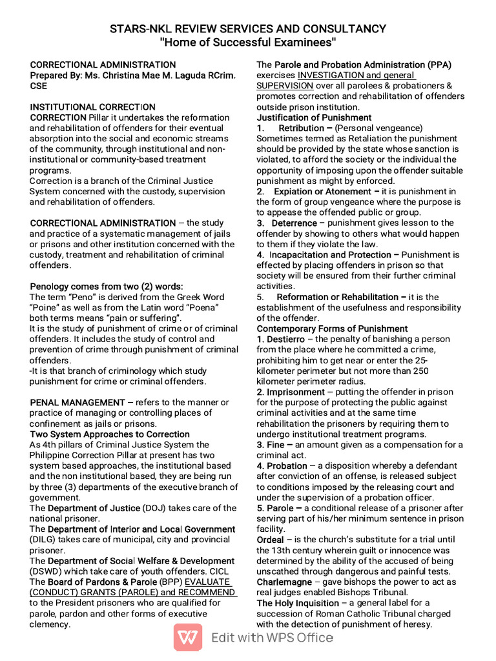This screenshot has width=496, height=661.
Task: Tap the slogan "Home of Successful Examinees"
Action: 248,43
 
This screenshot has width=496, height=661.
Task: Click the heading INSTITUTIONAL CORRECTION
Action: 93,107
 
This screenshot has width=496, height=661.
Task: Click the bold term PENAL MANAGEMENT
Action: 77,402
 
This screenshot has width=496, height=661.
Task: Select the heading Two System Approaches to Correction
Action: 110,434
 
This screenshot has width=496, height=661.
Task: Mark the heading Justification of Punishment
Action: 314,117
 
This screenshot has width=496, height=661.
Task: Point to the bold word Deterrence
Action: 294,223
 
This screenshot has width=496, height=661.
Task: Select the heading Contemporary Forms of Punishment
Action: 332,329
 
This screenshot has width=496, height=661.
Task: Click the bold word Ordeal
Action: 270,540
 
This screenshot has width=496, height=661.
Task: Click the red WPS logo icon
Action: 187,638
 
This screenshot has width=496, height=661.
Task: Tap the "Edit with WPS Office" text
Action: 272,638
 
